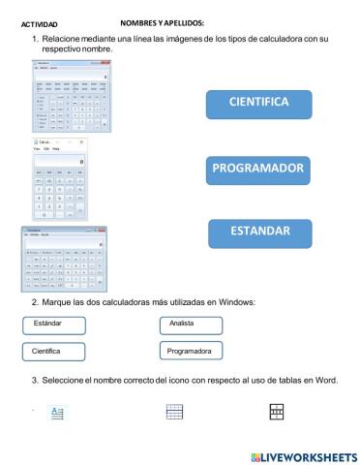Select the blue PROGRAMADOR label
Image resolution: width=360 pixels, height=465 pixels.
point(257,170)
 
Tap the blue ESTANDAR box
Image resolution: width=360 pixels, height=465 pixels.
point(259,232)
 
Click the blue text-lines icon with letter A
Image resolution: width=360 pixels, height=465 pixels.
point(57,413)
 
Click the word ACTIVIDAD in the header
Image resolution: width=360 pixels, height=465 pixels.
point(39,21)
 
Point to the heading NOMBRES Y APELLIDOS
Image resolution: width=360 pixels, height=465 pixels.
point(171,20)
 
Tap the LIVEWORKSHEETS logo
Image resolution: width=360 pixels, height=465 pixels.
point(303,455)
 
